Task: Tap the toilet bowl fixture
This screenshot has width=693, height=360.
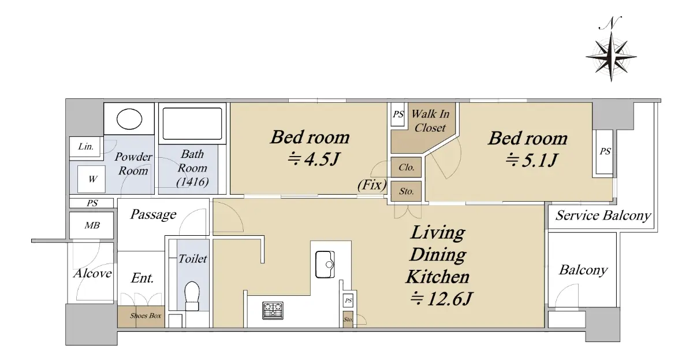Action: tap(192, 295)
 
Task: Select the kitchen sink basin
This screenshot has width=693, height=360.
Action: tap(325, 264)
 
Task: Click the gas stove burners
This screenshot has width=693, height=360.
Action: tap(273, 310)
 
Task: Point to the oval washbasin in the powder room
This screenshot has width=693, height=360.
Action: tap(129, 119)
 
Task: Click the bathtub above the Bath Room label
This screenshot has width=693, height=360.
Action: tap(192, 124)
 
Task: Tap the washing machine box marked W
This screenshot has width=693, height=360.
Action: tap(91, 179)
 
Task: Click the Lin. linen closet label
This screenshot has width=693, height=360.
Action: tap(85, 146)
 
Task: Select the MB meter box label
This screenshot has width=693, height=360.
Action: tap(92, 225)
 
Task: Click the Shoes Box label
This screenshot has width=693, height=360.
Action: tap(146, 316)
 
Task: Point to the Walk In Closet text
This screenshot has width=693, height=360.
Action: tap(430, 121)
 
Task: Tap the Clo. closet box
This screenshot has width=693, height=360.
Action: tap(406, 168)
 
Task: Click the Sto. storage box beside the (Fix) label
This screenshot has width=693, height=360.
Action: tap(406, 191)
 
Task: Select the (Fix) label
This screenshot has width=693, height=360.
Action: tap(372, 185)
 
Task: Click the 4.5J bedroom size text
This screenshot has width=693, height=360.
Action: tap(314, 159)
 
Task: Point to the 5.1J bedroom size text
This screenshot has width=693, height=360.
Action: tap(532, 160)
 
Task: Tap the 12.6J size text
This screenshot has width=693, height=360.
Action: tap(441, 299)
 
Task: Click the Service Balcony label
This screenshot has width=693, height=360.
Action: tap(603, 216)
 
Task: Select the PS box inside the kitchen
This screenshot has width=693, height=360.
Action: tap(348, 300)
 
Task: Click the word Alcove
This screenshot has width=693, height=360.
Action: tap(92, 273)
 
